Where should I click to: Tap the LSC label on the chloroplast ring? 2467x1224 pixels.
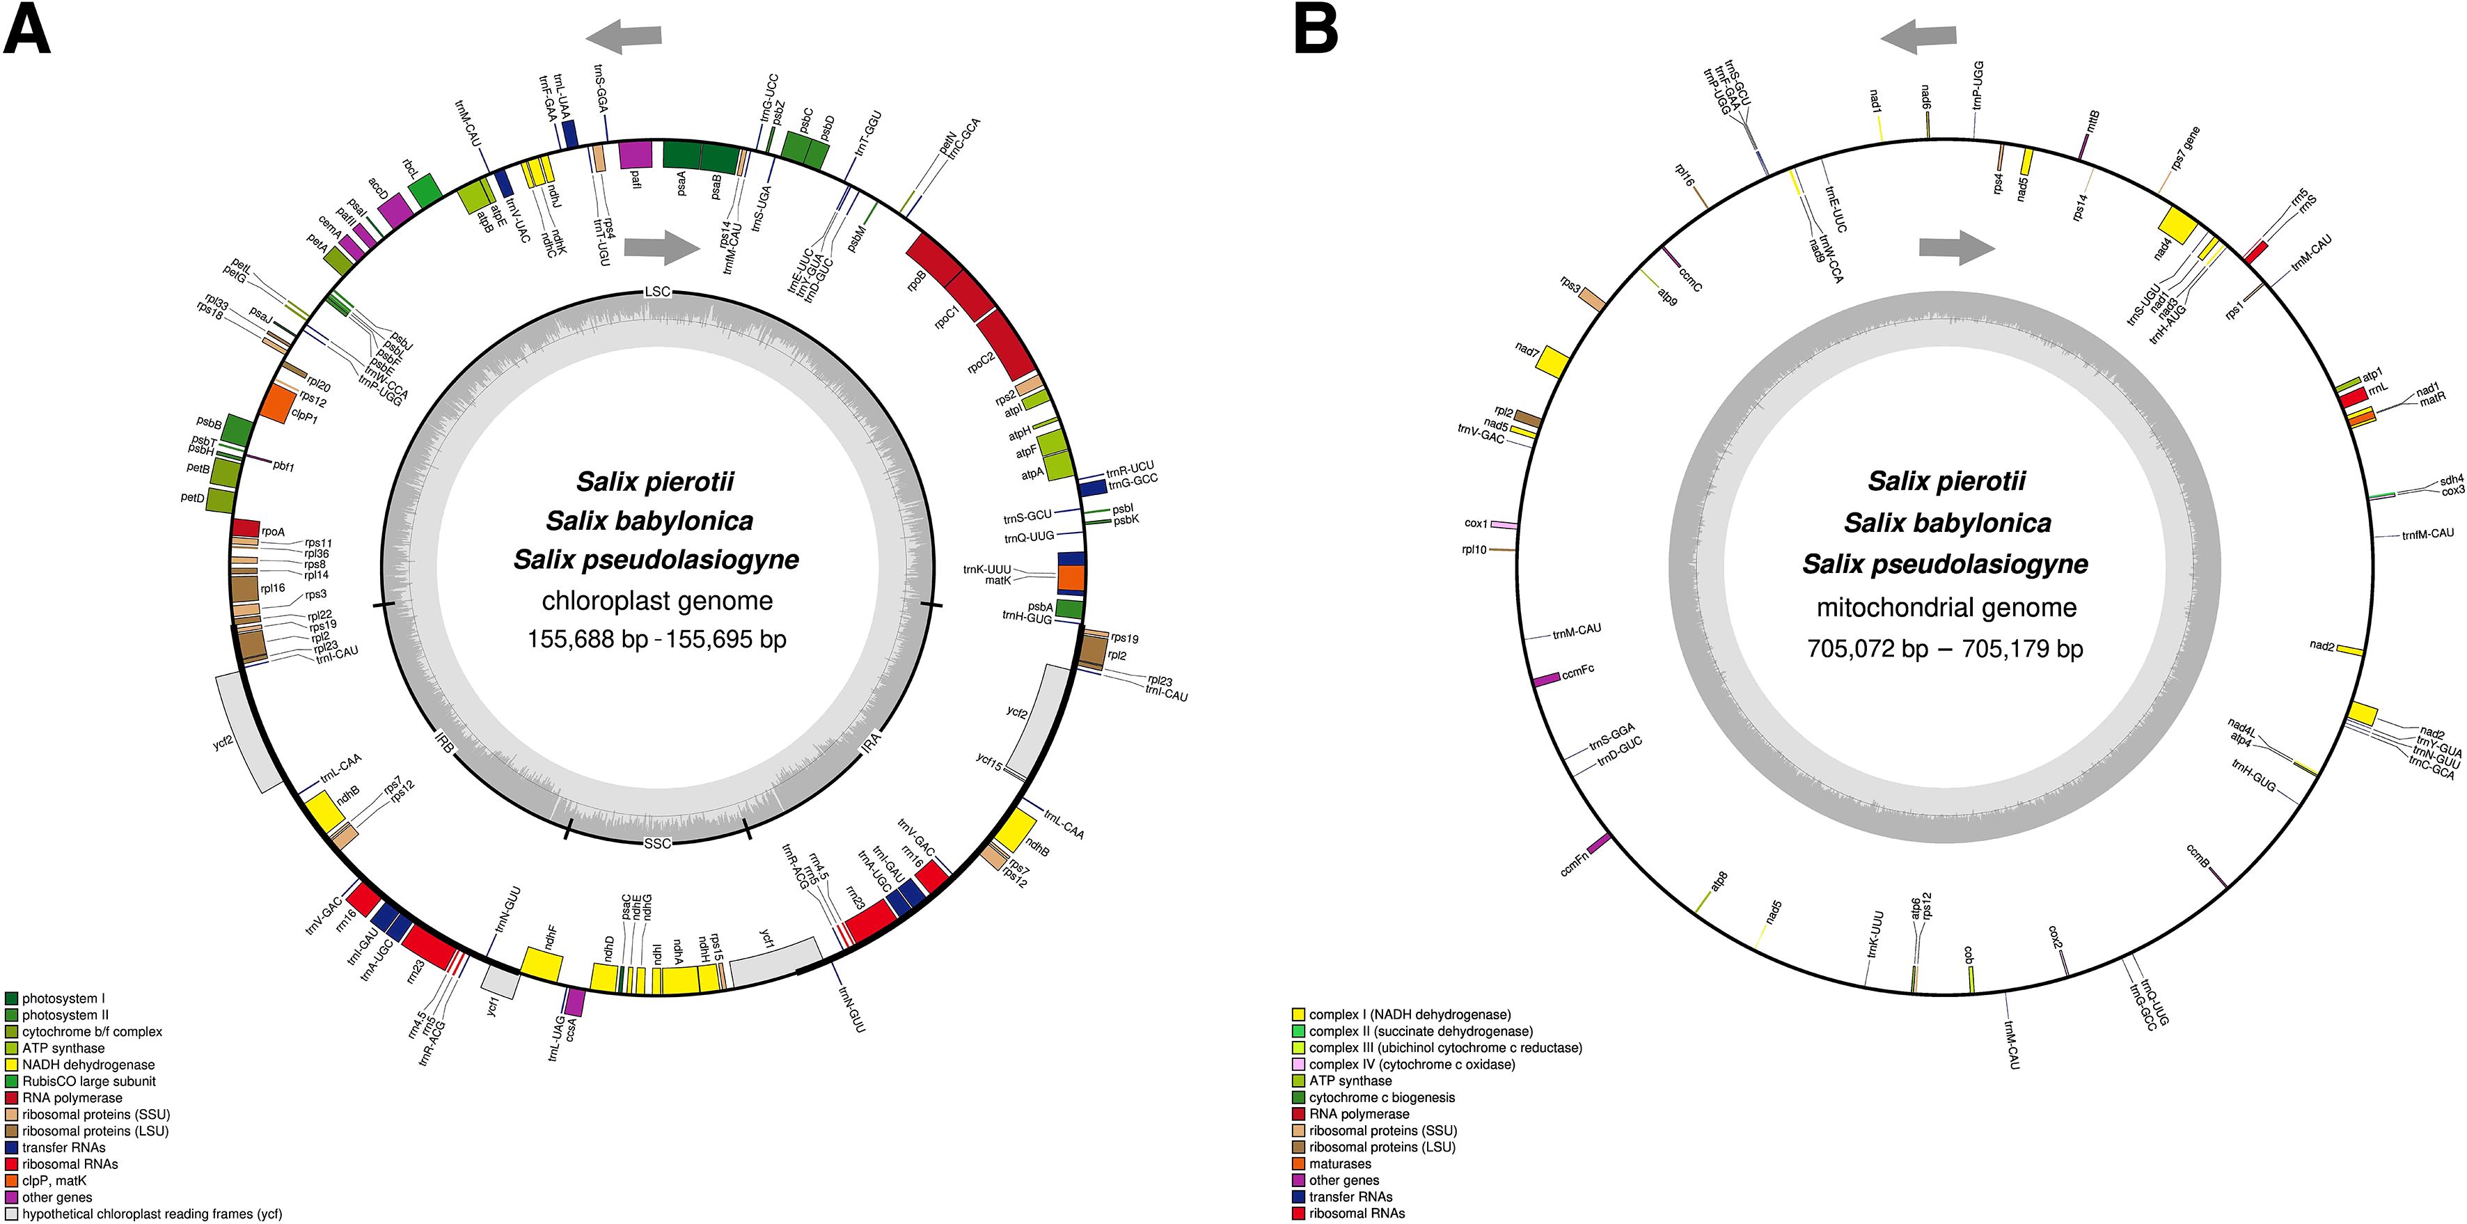click(x=657, y=291)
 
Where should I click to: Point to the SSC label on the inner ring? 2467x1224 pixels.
click(x=657, y=844)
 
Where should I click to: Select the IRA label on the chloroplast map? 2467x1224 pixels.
click(x=872, y=740)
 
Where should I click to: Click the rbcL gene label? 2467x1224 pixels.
click(x=411, y=168)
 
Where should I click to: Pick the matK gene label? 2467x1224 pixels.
click(x=998, y=581)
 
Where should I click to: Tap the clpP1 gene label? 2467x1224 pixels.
click(x=304, y=418)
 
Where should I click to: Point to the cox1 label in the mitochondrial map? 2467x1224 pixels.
click(x=1476, y=524)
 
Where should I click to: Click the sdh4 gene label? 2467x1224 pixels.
click(x=2452, y=479)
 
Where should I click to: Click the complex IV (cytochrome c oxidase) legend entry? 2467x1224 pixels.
click(x=1411, y=1064)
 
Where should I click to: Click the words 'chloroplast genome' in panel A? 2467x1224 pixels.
click(x=657, y=600)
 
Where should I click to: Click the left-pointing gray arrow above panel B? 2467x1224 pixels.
click(x=1917, y=36)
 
